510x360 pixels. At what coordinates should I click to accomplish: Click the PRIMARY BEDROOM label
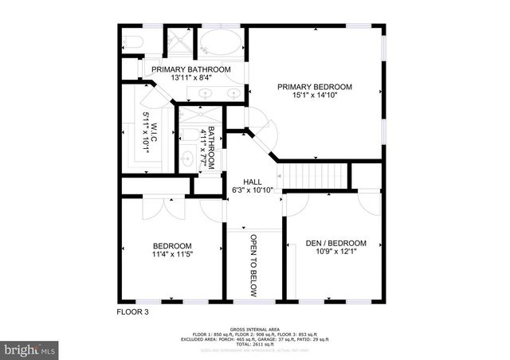coord(314,87)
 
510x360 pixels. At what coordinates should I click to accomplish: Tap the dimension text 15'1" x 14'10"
coord(314,97)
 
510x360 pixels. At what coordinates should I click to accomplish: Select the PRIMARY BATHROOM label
coord(191,70)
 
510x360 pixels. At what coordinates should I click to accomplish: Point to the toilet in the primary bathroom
coord(133,42)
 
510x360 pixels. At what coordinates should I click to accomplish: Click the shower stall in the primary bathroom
coord(176,42)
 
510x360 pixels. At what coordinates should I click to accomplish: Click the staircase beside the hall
coord(317,173)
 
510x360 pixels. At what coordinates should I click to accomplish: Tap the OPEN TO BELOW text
coord(253,266)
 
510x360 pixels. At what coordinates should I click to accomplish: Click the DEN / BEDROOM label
coord(336,244)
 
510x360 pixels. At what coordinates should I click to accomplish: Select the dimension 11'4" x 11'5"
coord(172,255)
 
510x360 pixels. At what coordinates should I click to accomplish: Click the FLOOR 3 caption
coord(132,312)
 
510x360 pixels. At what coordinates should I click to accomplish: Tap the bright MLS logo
coord(30,349)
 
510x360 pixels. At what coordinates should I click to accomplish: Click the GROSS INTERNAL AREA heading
coord(254,329)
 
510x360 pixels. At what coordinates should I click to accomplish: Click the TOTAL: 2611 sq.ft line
coord(254,344)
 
